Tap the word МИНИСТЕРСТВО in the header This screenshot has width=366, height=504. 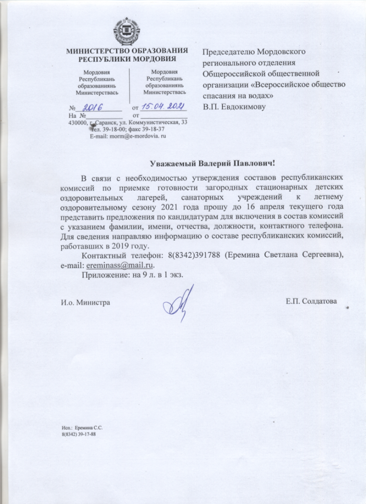pyautogui.click(x=96, y=51)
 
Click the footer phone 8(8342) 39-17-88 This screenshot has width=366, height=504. pyautogui.click(x=78, y=434)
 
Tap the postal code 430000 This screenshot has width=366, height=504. pyautogui.click(x=78, y=122)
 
